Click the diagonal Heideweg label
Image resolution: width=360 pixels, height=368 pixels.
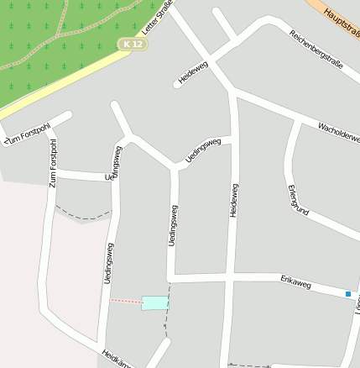pos(193,73)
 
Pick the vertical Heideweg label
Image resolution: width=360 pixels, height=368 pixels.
pos(233,201)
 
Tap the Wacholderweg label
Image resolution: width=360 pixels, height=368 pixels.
pos(339,132)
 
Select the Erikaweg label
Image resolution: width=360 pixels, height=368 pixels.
pos(295,285)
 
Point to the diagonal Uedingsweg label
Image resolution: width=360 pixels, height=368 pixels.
pos(204,150)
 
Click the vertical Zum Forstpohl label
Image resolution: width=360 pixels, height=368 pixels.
pos(53,162)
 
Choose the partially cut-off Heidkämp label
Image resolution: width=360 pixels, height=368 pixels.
pos(117,359)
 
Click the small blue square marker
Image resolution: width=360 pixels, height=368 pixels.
pos(348,293)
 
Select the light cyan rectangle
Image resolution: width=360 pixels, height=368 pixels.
pos(154,302)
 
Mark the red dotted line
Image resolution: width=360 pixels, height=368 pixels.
pos(126,301)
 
